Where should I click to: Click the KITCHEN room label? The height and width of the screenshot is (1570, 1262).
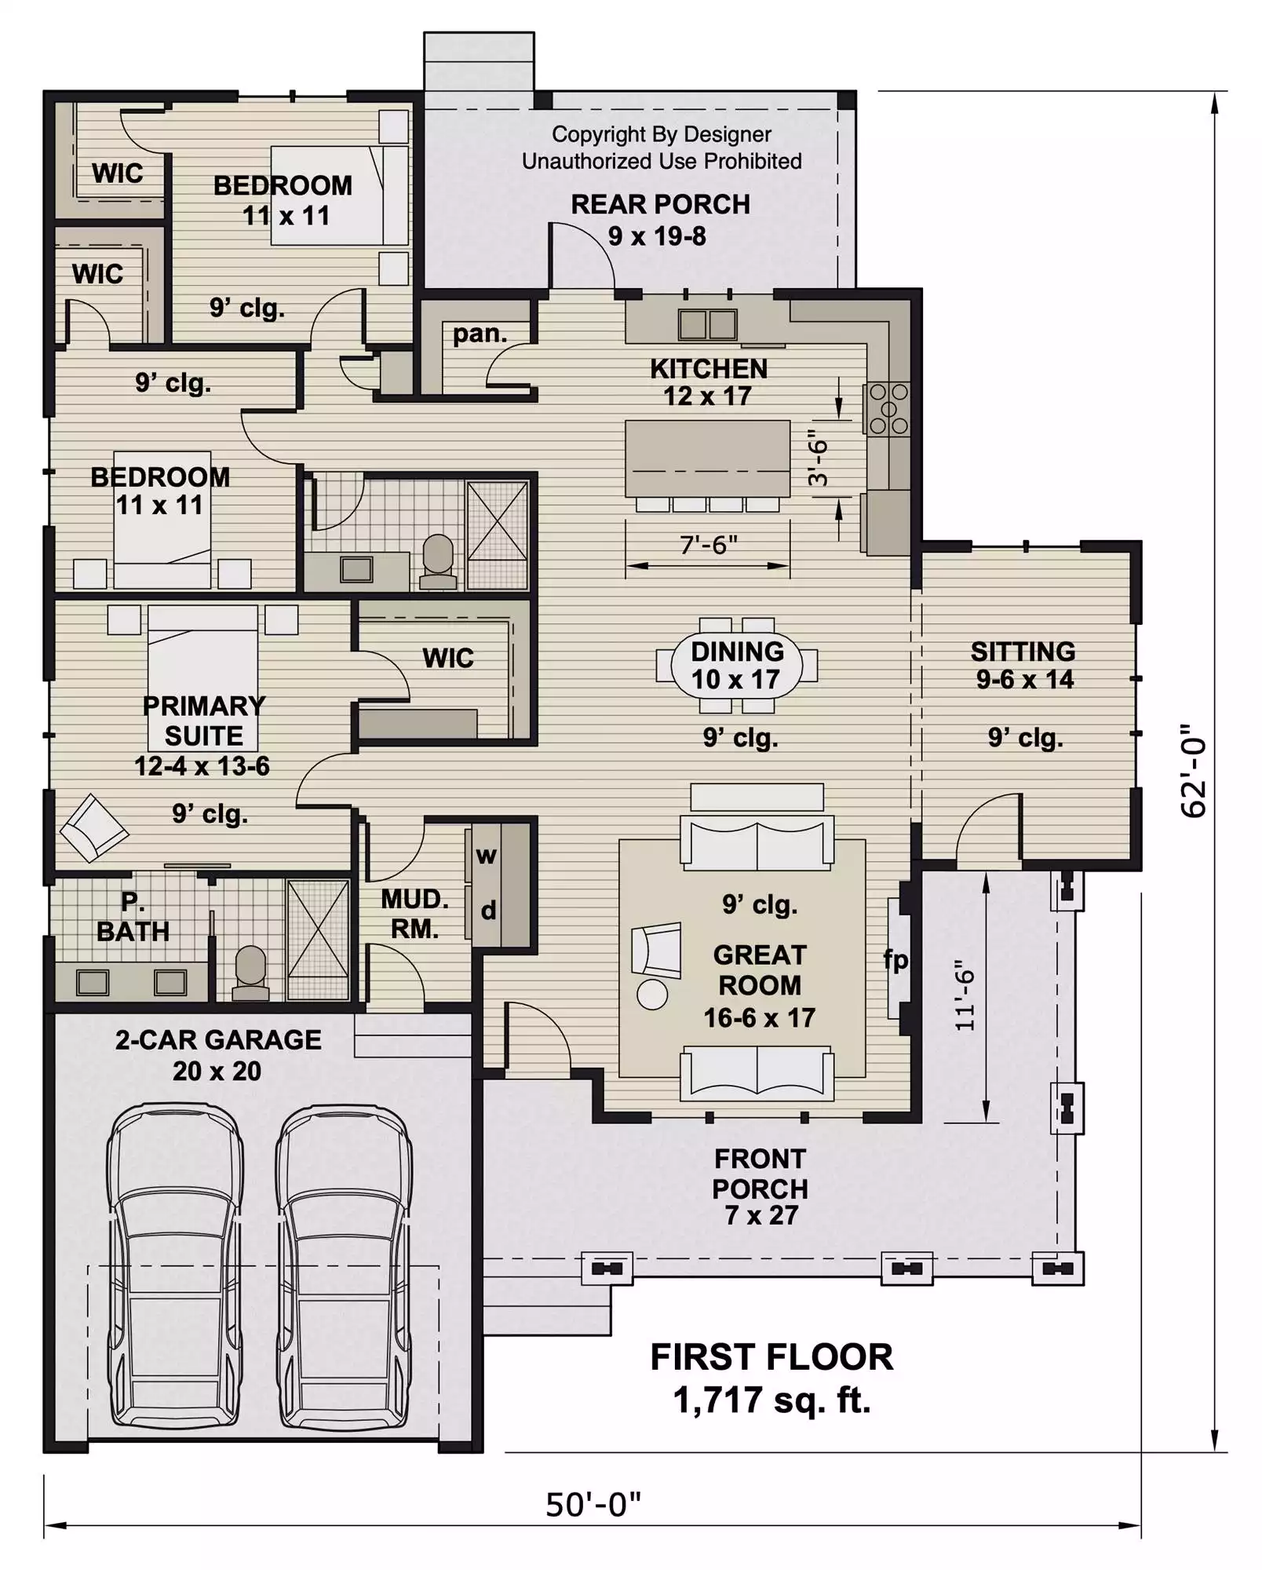[709, 369]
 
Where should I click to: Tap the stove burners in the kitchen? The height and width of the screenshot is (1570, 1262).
[888, 408]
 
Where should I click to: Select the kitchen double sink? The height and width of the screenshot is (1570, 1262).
[707, 324]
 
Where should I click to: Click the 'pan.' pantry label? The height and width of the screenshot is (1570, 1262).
[480, 334]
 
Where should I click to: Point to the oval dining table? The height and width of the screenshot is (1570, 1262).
[737, 666]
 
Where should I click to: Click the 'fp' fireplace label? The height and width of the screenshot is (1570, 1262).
[895, 960]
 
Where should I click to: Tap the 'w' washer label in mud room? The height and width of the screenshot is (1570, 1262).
[487, 856]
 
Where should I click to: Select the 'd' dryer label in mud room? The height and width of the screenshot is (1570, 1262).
[488, 911]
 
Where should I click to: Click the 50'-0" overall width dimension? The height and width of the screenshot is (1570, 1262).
[593, 1505]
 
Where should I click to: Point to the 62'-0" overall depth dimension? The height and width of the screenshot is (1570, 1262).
[1194, 771]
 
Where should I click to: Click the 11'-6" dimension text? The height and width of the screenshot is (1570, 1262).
[965, 995]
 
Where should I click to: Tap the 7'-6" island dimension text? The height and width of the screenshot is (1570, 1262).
[708, 544]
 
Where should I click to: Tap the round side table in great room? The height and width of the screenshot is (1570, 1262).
[652, 995]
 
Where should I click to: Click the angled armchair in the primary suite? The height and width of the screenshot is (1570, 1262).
[94, 828]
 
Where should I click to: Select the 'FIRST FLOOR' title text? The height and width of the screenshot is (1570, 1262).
[771, 1357]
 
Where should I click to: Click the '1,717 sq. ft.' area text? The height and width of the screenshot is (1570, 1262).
[771, 1400]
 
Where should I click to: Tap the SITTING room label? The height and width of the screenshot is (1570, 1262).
[1023, 652]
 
